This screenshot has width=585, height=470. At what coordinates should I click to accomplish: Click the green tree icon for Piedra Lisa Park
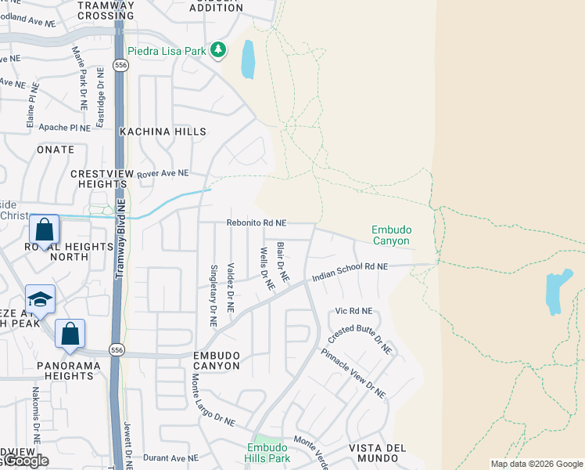(x=218, y=51)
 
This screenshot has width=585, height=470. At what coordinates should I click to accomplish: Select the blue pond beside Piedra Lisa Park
(x=248, y=60)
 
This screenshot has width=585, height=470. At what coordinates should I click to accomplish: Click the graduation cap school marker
(x=40, y=299)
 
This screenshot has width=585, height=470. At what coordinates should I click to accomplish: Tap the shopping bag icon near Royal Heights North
(x=45, y=230)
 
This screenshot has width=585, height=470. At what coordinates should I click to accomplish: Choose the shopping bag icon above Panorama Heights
(x=70, y=333)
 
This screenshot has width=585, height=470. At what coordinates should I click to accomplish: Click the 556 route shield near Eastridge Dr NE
(x=120, y=66)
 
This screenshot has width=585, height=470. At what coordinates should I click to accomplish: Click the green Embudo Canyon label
(x=390, y=235)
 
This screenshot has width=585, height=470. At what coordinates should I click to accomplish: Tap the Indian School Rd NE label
(x=350, y=271)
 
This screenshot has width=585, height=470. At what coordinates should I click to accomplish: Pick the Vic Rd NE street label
(x=354, y=311)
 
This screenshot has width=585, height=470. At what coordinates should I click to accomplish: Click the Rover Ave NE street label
(x=163, y=173)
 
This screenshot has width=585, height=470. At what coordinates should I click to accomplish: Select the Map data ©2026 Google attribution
(x=536, y=464)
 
